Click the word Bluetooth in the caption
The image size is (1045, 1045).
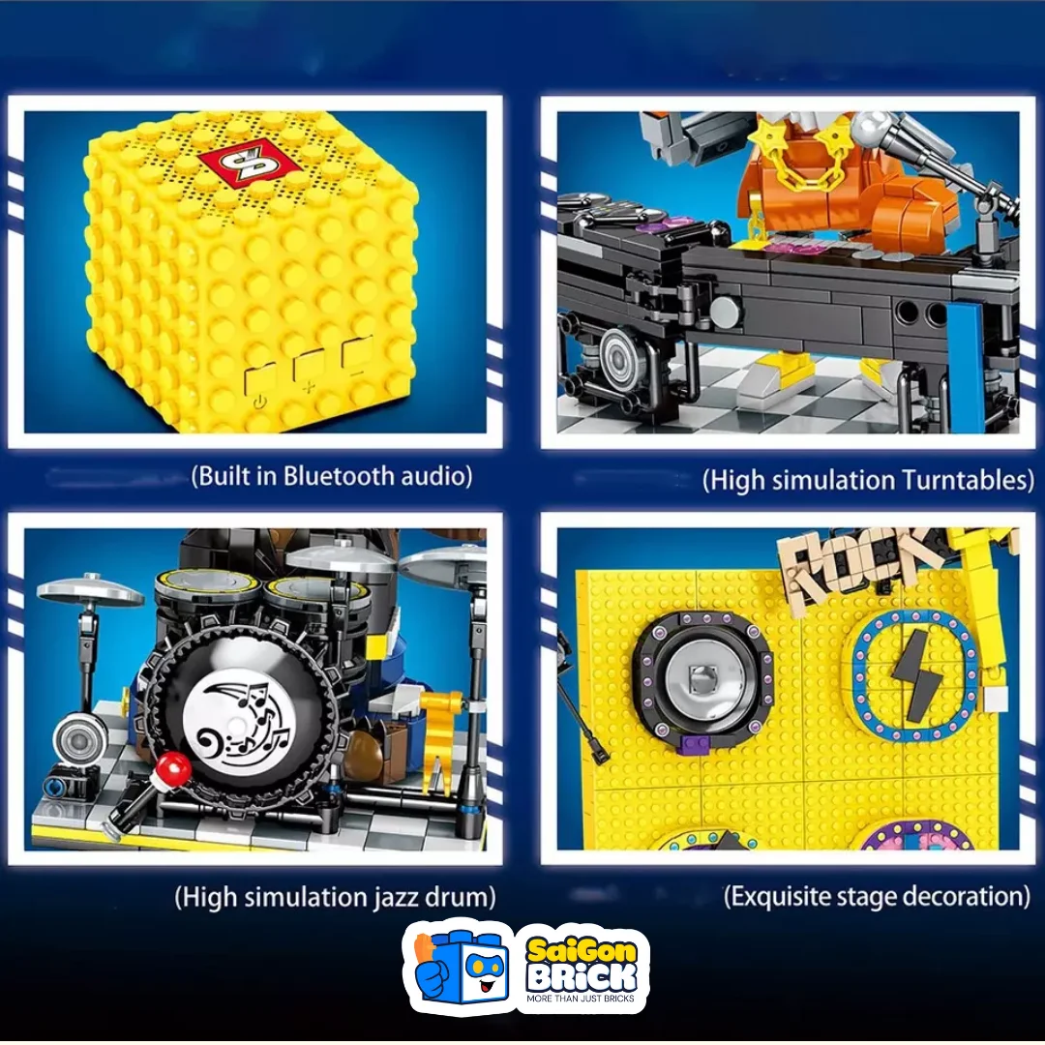coord(339,476)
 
